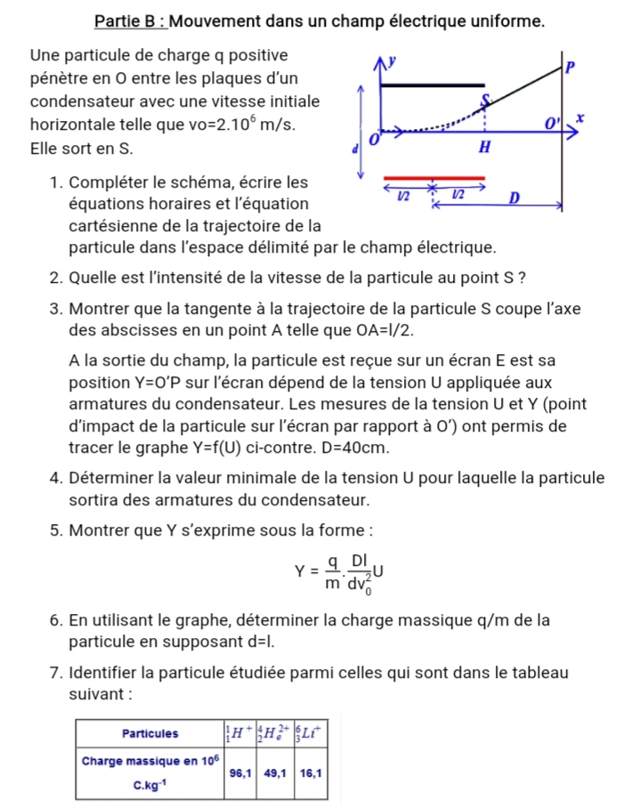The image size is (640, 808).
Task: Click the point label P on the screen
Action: click(571, 67)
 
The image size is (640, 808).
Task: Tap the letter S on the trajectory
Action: click(485, 99)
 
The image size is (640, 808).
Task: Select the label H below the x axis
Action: click(484, 148)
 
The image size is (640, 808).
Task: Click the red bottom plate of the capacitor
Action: click(433, 179)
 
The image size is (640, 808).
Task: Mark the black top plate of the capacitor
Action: click(433, 85)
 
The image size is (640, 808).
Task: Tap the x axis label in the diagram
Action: click(579, 117)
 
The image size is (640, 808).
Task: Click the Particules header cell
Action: click(150, 733)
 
